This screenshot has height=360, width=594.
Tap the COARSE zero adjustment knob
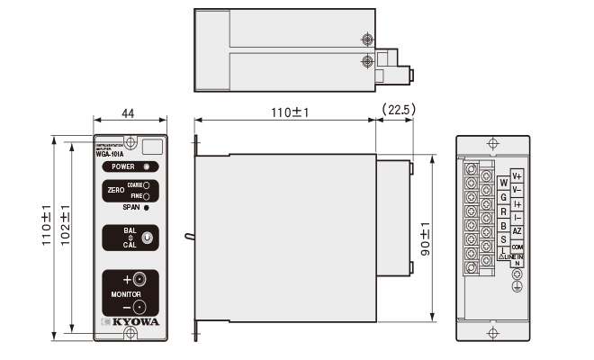(x=147, y=184)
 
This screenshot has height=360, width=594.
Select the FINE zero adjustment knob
(x=147, y=195)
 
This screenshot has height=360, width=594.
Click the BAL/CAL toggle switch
(x=145, y=238)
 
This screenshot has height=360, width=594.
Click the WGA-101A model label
(x=110, y=153)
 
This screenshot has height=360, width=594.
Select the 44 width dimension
(x=130, y=114)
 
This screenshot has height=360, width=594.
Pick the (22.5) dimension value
(x=397, y=110)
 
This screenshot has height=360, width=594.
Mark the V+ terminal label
(x=517, y=176)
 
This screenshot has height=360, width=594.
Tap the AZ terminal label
(x=517, y=231)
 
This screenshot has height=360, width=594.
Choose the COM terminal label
(x=517, y=246)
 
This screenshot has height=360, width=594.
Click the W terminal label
(x=503, y=183)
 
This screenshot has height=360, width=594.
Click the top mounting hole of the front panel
(x=130, y=142)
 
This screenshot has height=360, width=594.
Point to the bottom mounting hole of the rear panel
(x=490, y=334)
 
